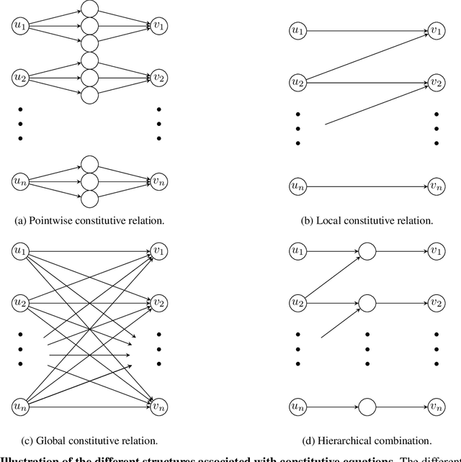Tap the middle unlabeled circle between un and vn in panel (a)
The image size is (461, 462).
(89, 181)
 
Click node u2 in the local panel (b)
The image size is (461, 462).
(297, 82)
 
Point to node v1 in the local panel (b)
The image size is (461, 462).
(436, 30)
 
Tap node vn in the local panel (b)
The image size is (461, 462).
(436, 186)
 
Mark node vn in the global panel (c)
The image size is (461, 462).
(159, 406)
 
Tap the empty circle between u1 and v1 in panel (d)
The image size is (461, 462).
(367, 251)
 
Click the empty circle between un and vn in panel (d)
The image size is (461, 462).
(367, 406)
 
